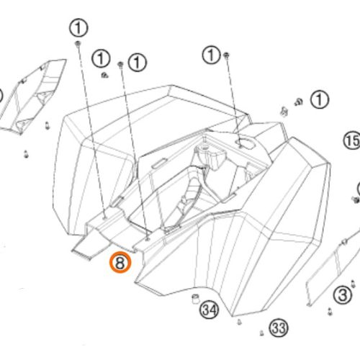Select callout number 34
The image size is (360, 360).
(210, 310)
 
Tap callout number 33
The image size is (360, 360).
(279, 328)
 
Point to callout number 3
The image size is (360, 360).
(343, 295)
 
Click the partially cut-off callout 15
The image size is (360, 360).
(352, 141)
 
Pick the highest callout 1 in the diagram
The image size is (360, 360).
(78, 28)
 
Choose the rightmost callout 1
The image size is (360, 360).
(320, 99)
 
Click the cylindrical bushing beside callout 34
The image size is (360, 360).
(196, 299)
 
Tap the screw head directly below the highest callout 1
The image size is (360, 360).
(78, 43)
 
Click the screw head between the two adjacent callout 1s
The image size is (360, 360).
(120, 64)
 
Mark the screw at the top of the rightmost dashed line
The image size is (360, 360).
(226, 55)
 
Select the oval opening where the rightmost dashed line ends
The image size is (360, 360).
(246, 143)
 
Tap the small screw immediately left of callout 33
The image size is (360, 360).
(261, 333)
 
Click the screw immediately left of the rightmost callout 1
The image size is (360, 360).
(299, 102)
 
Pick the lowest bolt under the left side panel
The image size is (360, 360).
(26, 154)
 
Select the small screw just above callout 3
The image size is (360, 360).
(353, 284)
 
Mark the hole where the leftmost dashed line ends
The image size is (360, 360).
(104, 218)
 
